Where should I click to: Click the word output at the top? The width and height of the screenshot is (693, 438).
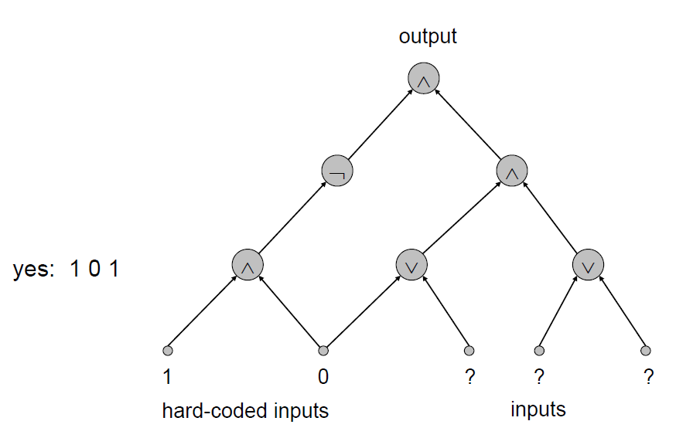428,36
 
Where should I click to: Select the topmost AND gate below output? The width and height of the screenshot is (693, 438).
424,80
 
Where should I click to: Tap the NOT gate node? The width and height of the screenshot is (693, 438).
336,171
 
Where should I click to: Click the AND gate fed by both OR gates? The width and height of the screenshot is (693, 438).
511,171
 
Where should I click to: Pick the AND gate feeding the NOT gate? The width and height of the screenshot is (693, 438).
248,264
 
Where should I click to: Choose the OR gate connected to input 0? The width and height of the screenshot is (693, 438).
411,264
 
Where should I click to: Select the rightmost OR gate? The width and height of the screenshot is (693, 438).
588,264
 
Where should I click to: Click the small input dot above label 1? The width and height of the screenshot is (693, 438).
166,350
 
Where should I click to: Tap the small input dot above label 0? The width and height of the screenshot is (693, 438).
323,350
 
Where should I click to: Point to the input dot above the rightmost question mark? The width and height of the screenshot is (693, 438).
646,350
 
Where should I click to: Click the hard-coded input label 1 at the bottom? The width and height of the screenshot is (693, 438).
167,377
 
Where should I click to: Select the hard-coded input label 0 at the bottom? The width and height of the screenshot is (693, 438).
323,377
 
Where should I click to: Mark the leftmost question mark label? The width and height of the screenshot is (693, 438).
469,377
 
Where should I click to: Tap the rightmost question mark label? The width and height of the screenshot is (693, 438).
648,377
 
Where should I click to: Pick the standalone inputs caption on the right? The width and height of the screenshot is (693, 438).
538,409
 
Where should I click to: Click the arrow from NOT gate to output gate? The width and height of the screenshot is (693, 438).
381,125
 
